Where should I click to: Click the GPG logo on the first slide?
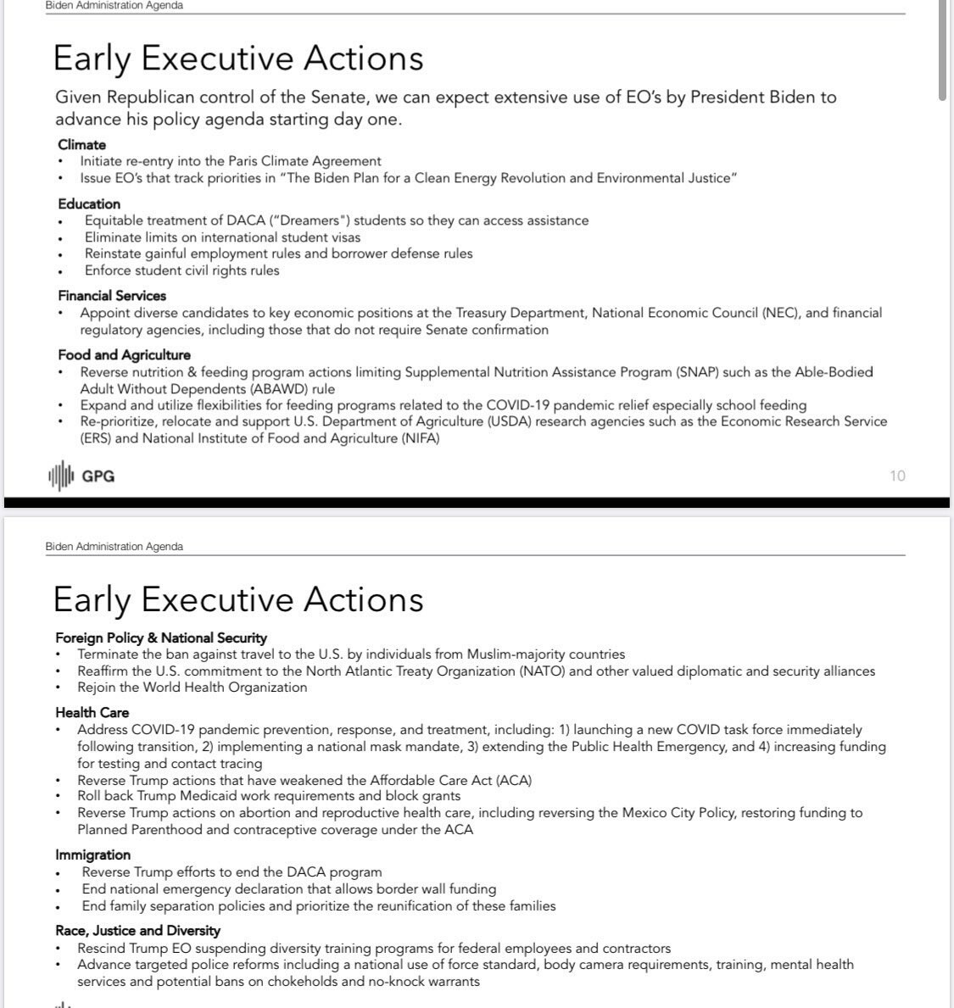point(81,476)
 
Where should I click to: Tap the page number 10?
point(897,476)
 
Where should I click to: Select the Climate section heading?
point(81,144)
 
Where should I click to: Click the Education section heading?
point(89,203)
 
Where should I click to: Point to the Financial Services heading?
point(112,295)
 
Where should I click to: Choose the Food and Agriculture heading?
point(124,354)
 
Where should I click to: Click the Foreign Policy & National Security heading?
point(161,638)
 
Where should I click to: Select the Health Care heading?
point(92,712)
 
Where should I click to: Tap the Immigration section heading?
point(92,855)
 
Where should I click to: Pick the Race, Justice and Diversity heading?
point(137,930)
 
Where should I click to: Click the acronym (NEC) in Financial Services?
point(780,313)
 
